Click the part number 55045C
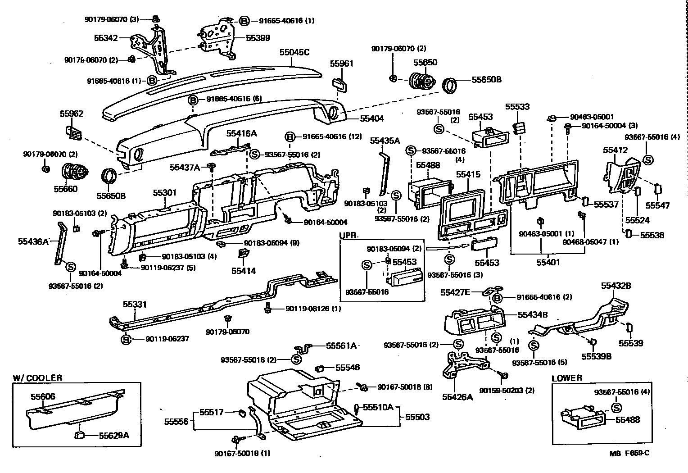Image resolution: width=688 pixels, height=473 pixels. tap(294, 52)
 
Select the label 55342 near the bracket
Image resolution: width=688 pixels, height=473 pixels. tap(106, 38)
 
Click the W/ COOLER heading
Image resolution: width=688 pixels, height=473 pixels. tap(37, 377)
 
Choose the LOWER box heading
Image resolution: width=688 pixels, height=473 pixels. tap(567, 378)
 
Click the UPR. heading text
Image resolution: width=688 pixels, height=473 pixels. tap(349, 235)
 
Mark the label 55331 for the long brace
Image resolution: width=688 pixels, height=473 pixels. tap(135, 305)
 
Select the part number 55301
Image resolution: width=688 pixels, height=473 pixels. tap(164, 193)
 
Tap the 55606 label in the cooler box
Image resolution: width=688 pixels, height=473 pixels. tap(43, 396)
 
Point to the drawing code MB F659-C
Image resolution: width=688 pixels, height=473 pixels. tap(630, 453)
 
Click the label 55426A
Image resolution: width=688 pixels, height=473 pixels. tap(457, 397)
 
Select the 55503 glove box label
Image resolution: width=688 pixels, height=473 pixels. tap(417, 417)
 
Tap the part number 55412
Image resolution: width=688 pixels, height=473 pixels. tap(615, 150)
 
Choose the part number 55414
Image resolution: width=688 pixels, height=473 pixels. tap(244, 271)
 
